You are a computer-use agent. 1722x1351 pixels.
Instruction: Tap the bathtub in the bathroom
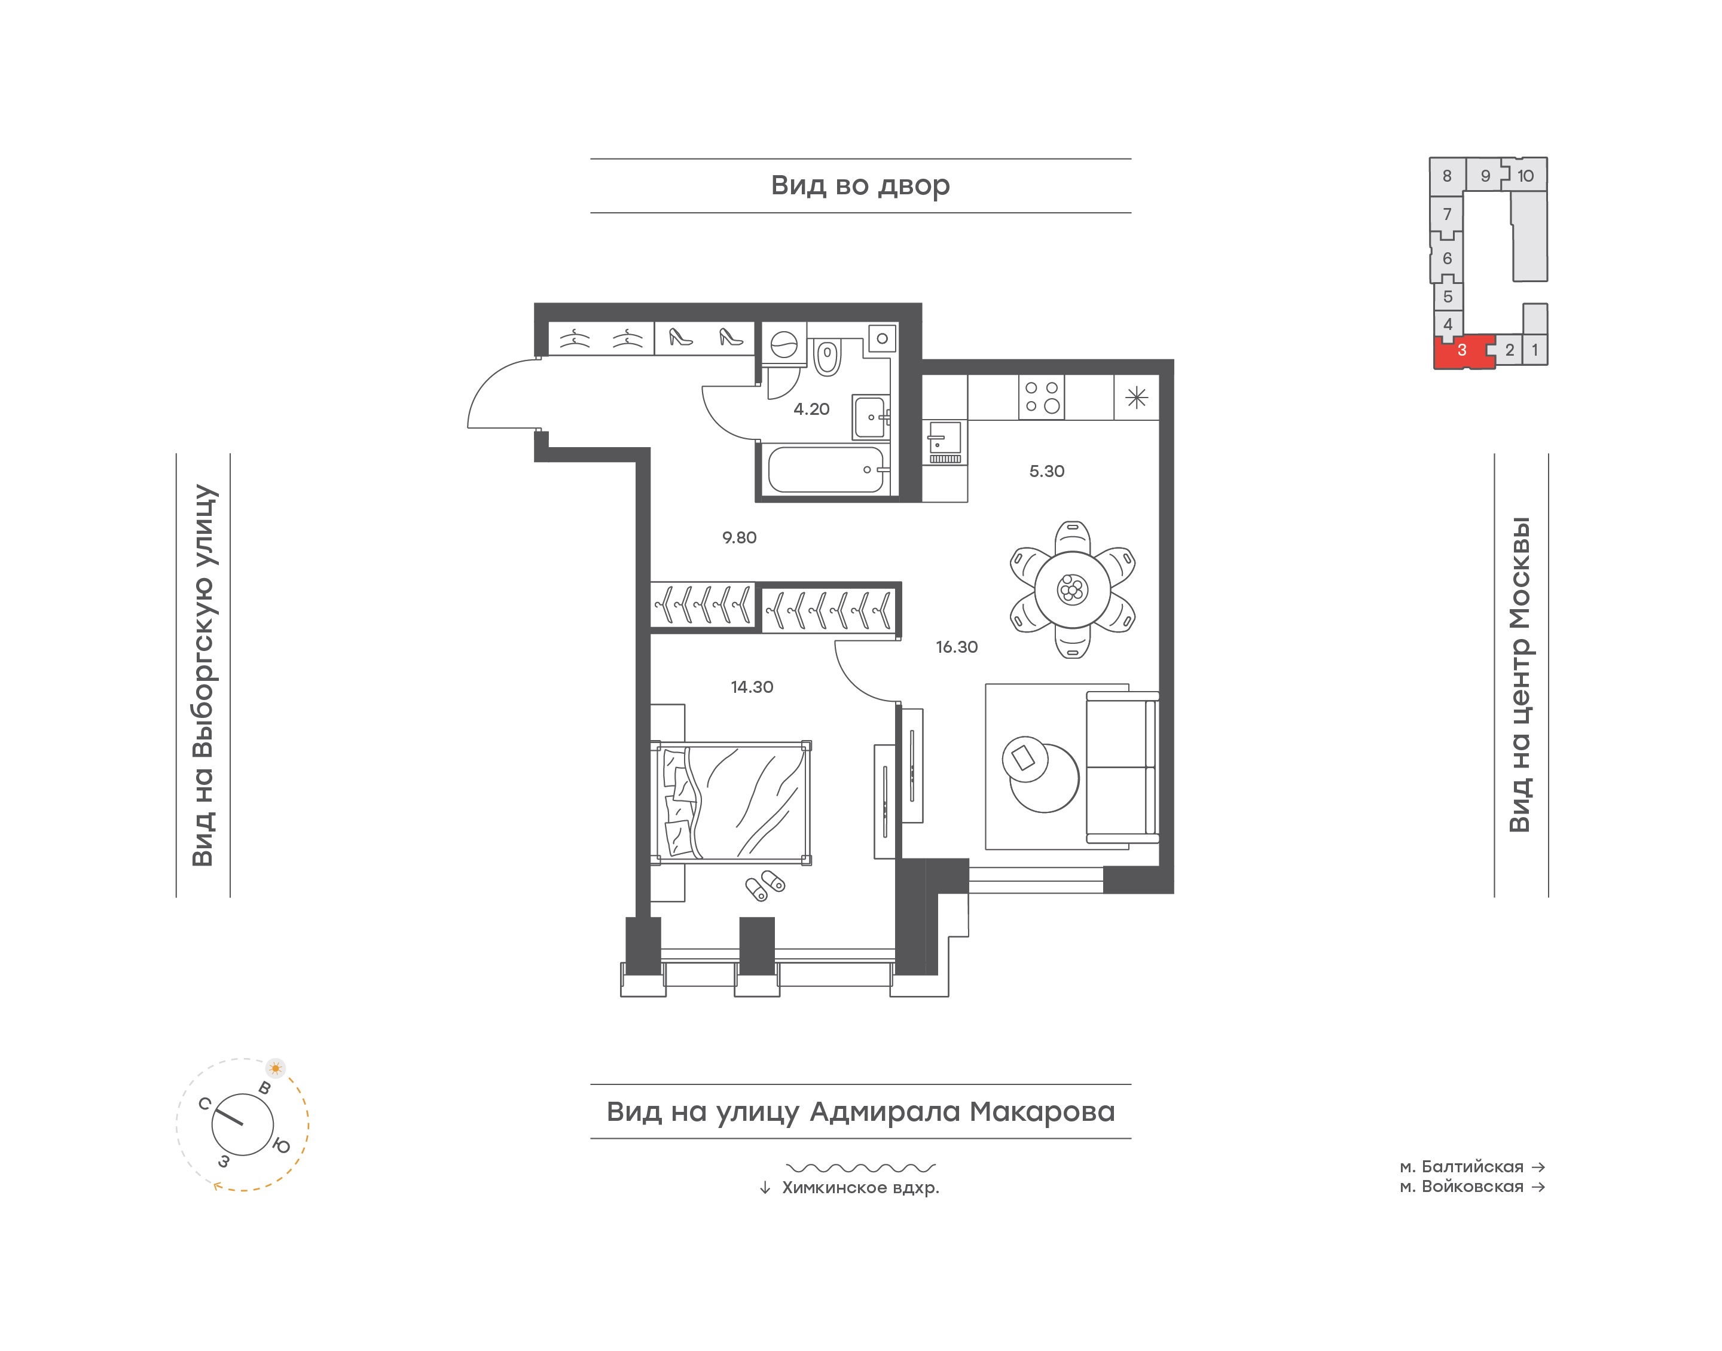(x=825, y=470)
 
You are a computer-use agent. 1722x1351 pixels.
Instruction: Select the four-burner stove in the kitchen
(x=1041, y=397)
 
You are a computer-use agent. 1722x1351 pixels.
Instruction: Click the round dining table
(x=1072, y=589)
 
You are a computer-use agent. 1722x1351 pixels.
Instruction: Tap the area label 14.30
(x=752, y=687)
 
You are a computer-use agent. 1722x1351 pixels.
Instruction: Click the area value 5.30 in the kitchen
(x=1046, y=472)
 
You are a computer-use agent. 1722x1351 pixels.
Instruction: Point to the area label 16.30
(x=956, y=647)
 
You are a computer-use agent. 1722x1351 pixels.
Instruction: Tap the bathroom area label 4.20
(x=811, y=409)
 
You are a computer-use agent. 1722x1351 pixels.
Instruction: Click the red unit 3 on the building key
(x=1463, y=351)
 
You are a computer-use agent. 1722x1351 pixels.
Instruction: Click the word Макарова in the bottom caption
(x=1041, y=1111)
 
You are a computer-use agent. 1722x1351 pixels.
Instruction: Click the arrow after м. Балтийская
(x=1538, y=1167)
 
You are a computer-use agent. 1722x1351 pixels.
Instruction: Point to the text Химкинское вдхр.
(x=860, y=1188)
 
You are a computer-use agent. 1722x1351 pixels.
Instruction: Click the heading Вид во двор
(x=860, y=186)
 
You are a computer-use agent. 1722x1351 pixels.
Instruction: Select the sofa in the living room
(x=1122, y=766)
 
